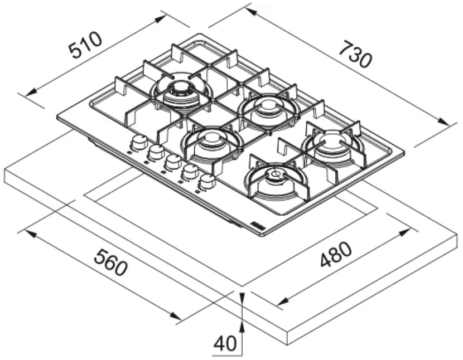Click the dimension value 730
tap(354, 55)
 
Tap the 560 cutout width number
tap(111, 262)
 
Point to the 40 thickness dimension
tap(225, 343)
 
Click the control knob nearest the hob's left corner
tap(139, 142)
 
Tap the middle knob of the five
tap(173, 162)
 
